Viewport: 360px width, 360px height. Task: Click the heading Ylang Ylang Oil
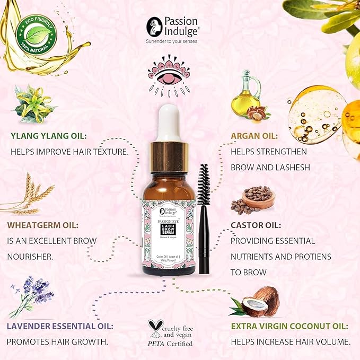point(49,135)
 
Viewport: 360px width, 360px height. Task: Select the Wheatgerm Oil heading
point(43,225)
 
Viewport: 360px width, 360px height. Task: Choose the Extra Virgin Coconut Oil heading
point(289,326)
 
